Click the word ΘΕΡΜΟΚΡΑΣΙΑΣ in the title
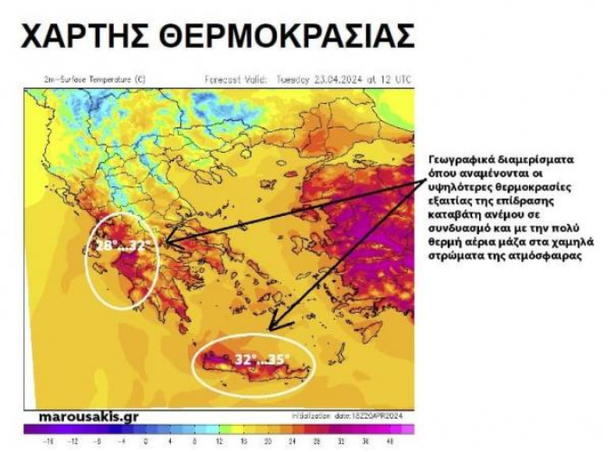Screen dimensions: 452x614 click(x=287, y=35)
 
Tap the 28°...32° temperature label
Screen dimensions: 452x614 click(x=127, y=244)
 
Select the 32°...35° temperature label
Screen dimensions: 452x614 click(x=262, y=359)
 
